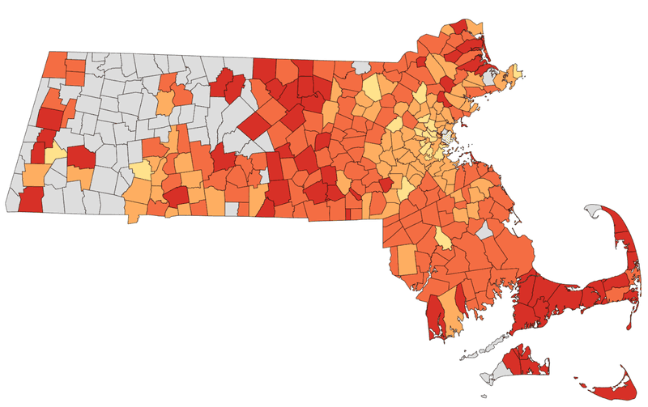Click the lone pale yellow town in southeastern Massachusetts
tap(442, 238)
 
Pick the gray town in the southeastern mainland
tap(485, 232)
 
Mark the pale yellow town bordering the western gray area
tap(140, 171)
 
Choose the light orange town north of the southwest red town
tap(35, 174)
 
